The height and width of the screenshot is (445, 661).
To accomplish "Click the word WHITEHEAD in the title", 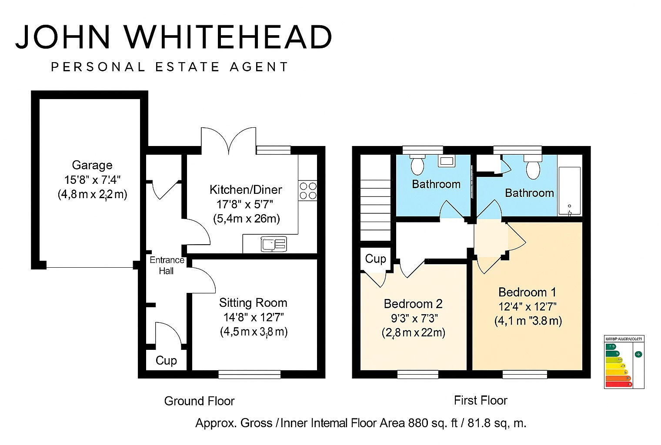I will click(x=228, y=37).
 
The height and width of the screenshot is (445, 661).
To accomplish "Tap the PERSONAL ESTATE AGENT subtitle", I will click(x=170, y=67).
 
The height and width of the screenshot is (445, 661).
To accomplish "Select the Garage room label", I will click(x=92, y=165).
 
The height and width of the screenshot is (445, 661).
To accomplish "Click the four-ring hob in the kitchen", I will click(x=308, y=191).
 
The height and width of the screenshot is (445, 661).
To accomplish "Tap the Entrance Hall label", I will click(x=167, y=266).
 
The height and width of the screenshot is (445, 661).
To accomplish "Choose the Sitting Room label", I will click(x=253, y=303).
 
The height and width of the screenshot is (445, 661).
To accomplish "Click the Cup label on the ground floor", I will click(x=166, y=361).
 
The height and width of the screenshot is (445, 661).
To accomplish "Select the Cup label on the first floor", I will click(x=375, y=259).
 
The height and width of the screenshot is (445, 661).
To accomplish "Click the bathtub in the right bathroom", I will click(x=569, y=191).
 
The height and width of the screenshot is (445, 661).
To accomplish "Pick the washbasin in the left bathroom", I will click(x=447, y=162).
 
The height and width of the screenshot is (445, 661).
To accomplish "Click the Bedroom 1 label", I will click(x=527, y=292).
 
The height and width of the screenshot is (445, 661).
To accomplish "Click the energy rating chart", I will click(x=624, y=362).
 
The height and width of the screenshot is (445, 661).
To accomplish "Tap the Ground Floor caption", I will click(x=199, y=401).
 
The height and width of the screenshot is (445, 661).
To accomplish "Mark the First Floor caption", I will click(x=481, y=400).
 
